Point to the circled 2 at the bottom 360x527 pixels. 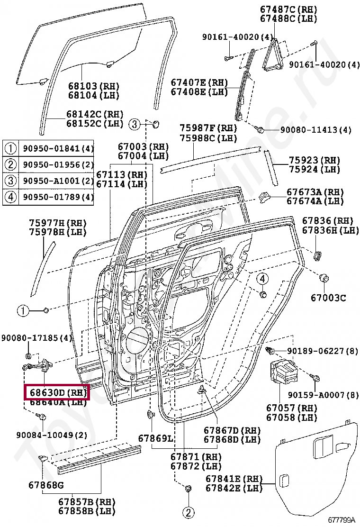[188, 512]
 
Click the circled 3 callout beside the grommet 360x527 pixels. [135, 125]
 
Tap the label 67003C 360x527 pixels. [328, 298]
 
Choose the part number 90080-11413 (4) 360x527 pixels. [315, 129]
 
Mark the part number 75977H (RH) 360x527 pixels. [53, 223]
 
